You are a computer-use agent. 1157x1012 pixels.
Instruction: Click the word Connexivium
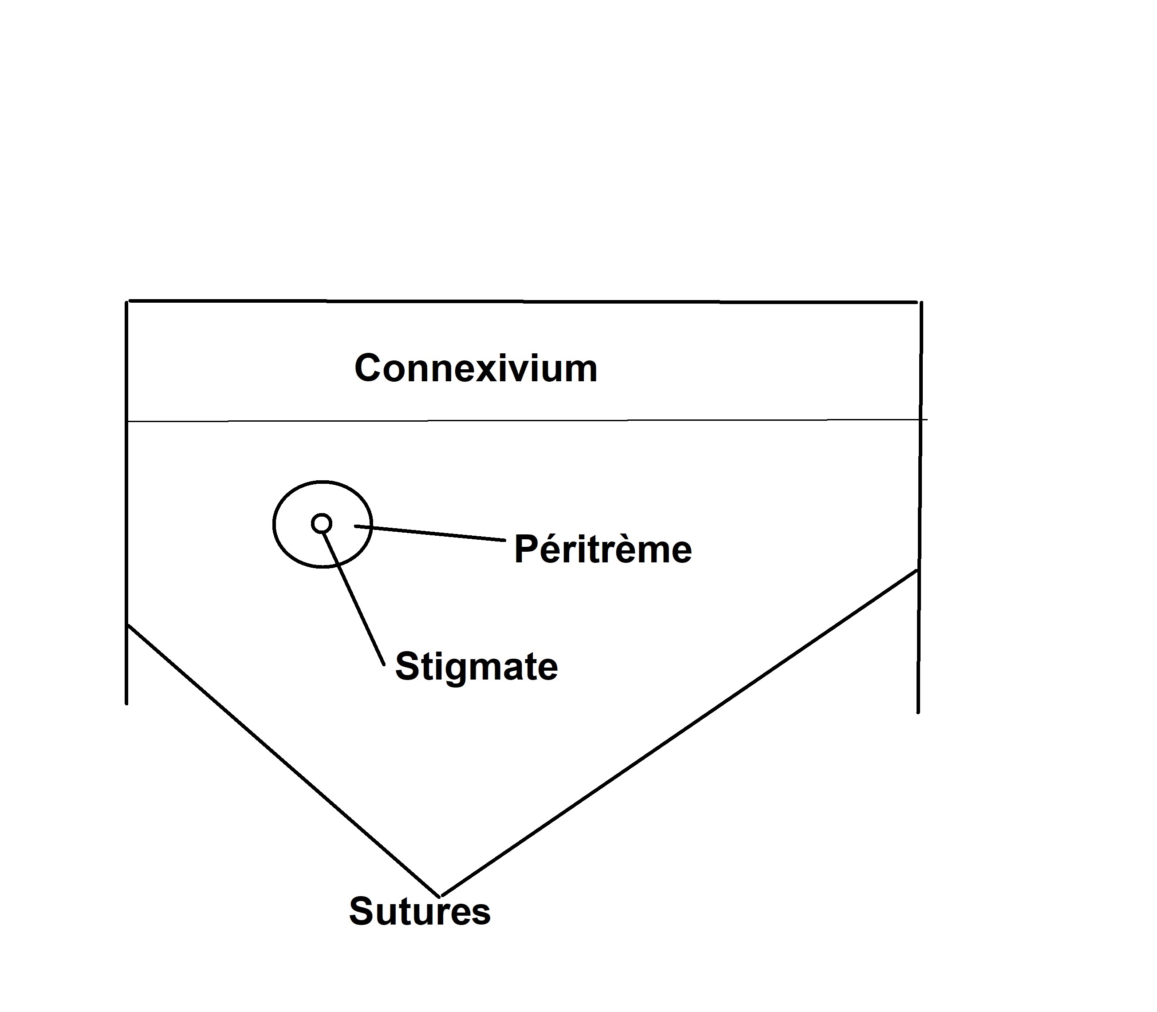pos(475,369)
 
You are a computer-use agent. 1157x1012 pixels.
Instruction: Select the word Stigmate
pos(476,666)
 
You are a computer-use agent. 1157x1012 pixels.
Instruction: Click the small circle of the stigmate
pos(322,523)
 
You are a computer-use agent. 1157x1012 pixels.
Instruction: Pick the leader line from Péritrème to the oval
pos(429,534)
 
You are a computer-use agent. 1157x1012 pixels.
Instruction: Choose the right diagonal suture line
pos(677,734)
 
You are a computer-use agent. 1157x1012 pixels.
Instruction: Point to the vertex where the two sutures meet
pos(440,896)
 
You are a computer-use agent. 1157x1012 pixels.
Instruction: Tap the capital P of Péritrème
pos(525,549)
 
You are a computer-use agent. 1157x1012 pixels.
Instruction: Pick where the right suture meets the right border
pos(918,570)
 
